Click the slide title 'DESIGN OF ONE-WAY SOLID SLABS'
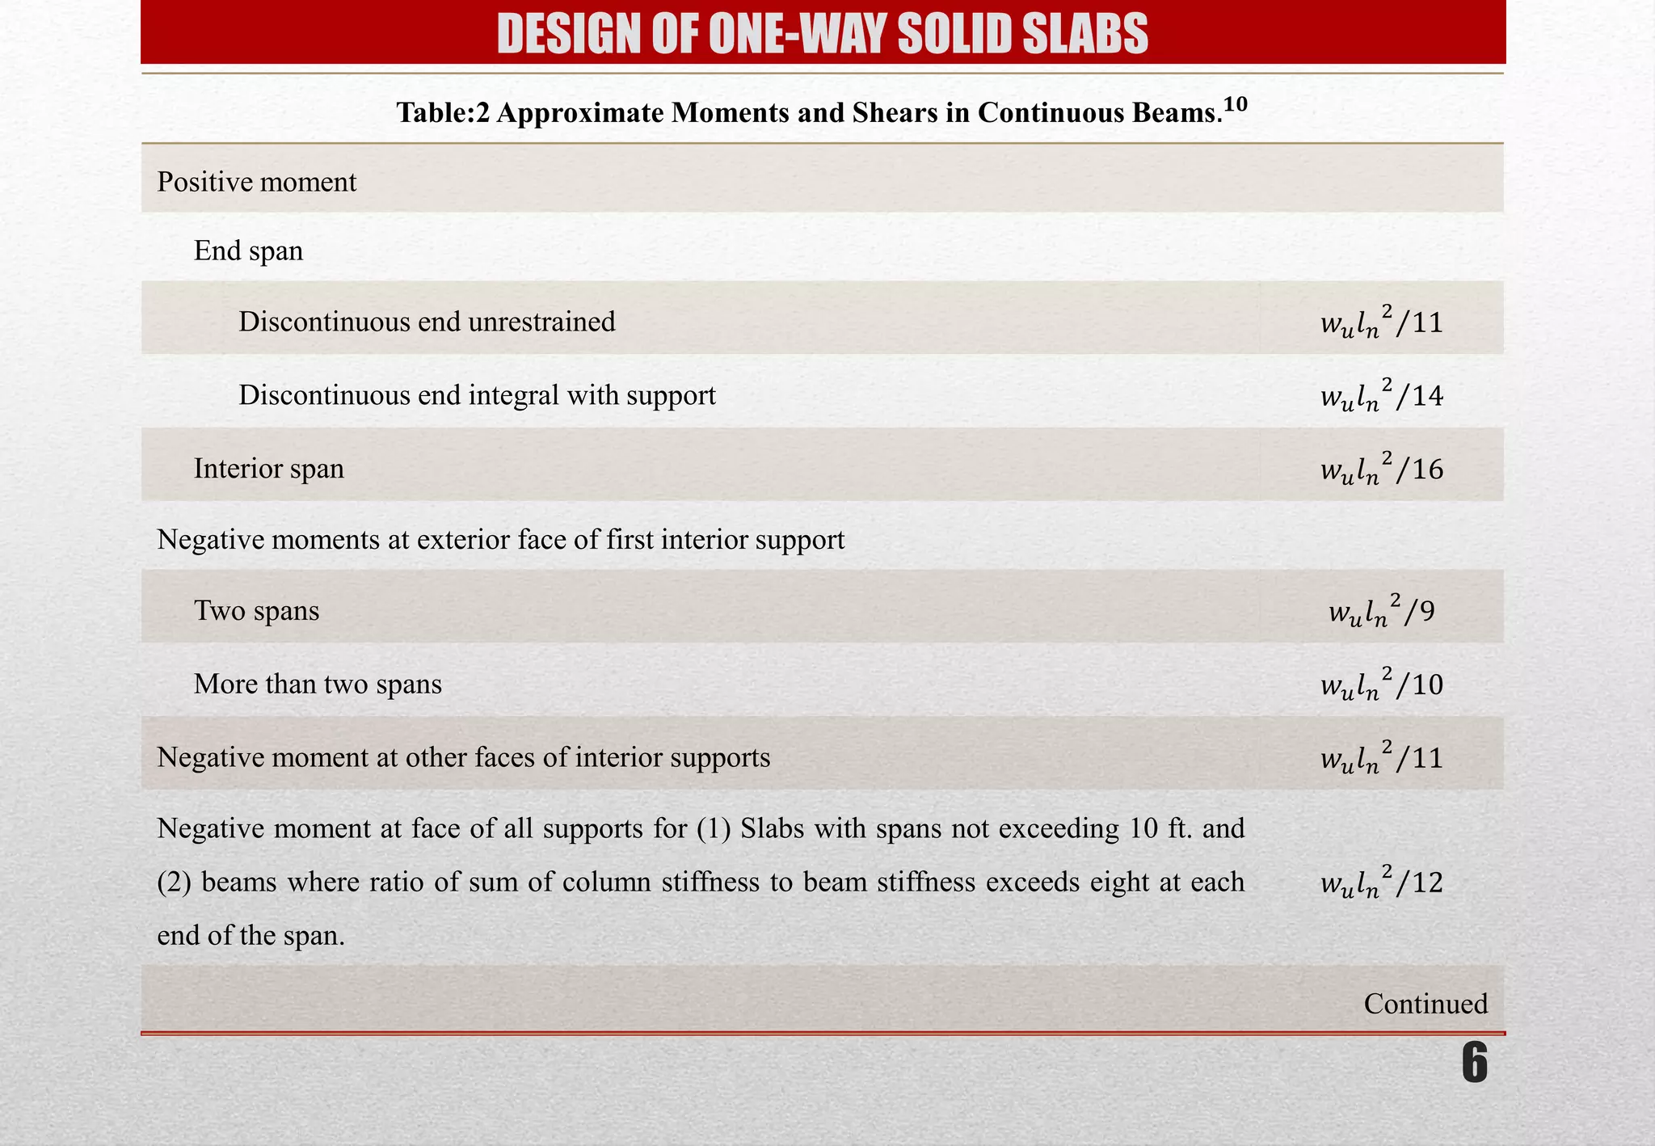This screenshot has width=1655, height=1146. (822, 34)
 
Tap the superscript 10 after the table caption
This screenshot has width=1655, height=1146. (1236, 104)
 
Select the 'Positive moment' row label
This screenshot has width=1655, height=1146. (256, 182)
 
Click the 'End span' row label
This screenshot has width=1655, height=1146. (248, 251)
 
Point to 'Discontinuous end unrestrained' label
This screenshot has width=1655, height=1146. (427, 322)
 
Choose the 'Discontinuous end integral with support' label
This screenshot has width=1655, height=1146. (477, 394)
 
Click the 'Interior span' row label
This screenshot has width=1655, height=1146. (268, 468)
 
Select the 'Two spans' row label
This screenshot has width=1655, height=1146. (256, 610)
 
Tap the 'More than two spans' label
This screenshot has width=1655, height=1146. (318, 684)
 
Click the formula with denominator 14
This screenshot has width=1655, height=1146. (1381, 394)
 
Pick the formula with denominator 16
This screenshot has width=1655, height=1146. (1381, 468)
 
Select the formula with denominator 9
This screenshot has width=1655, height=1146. (1381, 611)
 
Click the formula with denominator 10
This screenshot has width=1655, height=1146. (1381, 685)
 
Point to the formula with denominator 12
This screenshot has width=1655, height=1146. (1381, 882)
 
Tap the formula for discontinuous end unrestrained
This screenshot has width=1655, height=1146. (1381, 322)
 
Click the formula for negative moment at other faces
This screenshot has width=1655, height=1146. (1381, 757)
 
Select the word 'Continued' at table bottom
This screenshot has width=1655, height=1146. (1425, 1003)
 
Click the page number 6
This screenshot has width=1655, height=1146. (1474, 1064)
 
